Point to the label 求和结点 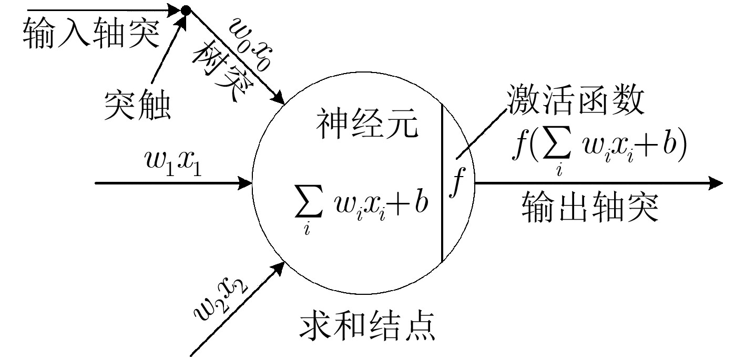pyautogui.click(x=367, y=326)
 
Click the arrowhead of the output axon pyautogui.click(x=717, y=183)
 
